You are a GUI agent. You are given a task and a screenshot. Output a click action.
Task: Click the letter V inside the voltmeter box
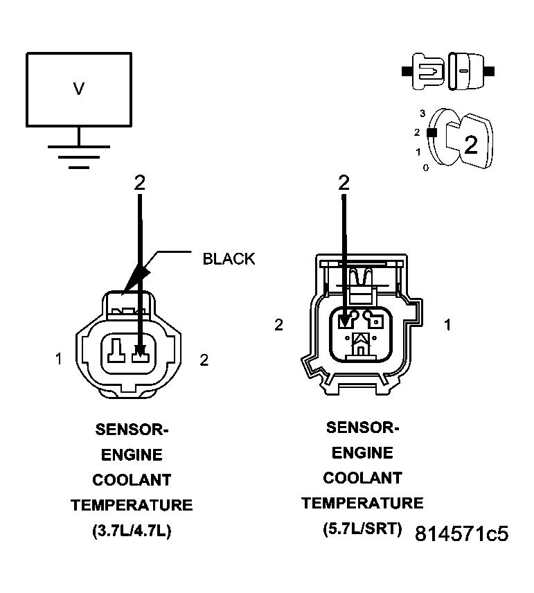[78, 89]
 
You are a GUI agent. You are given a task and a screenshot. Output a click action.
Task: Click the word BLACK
[229, 259]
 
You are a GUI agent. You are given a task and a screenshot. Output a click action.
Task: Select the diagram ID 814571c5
[462, 534]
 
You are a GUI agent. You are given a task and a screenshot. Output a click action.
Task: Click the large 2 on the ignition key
[470, 145]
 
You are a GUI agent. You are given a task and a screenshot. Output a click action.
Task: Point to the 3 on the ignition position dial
[422, 112]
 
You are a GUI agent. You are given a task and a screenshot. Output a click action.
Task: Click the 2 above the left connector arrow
[140, 183]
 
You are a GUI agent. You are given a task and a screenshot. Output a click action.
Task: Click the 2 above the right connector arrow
[344, 183]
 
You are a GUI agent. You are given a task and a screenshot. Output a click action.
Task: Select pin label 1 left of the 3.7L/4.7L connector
[60, 359]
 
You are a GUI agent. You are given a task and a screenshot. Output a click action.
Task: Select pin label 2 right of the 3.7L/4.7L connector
[203, 359]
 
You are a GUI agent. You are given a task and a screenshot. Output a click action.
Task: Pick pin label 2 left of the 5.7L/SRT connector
[278, 324]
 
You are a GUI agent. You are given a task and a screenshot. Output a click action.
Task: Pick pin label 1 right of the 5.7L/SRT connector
[447, 324]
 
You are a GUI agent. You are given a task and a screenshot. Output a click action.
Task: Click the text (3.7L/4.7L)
[132, 531]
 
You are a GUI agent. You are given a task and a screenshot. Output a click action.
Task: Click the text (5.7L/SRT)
[362, 529]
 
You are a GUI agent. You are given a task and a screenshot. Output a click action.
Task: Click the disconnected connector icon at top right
[447, 71]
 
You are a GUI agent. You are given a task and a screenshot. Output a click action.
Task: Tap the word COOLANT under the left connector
[132, 480]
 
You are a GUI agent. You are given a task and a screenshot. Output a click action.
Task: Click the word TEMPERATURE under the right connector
[362, 503]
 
